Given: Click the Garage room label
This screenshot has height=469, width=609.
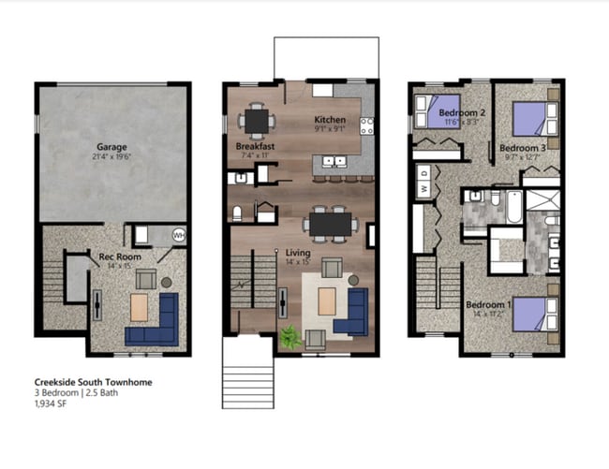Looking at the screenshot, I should (111, 147).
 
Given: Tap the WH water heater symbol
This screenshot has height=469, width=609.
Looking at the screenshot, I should (179, 235).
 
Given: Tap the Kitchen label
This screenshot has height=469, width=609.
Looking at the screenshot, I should (330, 120).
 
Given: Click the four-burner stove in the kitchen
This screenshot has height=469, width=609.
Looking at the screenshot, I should (367, 123).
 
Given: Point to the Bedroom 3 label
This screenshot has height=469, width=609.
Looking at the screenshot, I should (522, 147).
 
